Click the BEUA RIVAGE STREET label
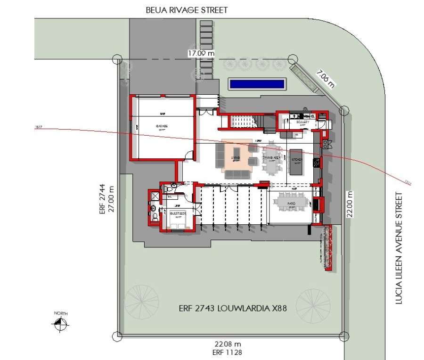(x=187, y=9)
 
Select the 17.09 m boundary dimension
(x=201, y=53)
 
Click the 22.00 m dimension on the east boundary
(x=349, y=202)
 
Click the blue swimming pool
(x=257, y=84)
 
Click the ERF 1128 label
(x=228, y=352)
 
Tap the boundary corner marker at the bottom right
(x=343, y=336)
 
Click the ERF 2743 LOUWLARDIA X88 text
(x=233, y=309)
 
